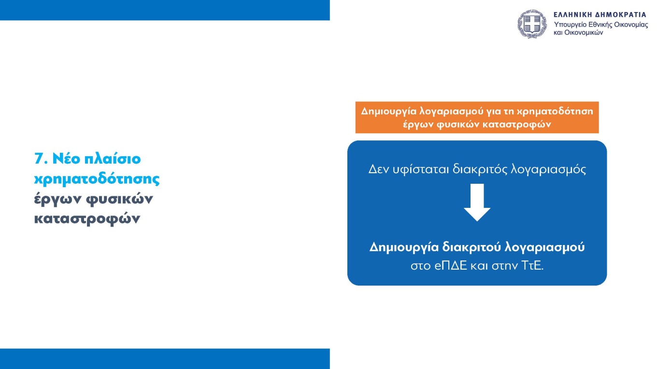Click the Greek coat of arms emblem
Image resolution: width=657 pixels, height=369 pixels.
pyautogui.click(x=532, y=24)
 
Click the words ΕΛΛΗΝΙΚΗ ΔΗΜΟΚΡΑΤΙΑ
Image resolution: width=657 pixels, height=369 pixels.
pyautogui.click(x=600, y=14)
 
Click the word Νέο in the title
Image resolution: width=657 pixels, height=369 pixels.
pyautogui.click(x=66, y=159)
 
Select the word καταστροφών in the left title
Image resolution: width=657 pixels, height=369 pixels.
pyautogui.click(x=87, y=219)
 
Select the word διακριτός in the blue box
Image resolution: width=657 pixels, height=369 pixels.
pyautogui.click(x=474, y=169)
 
